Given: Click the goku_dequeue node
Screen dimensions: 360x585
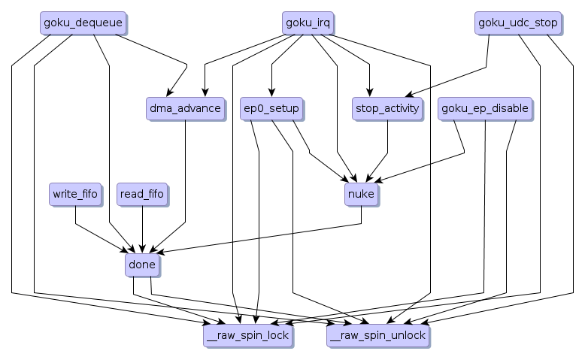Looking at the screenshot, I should (83, 23).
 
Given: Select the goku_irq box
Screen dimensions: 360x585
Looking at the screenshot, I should (308, 23).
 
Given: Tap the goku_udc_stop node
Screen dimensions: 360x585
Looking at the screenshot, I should (518, 23).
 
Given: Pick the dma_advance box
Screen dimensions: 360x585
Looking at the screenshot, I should (185, 109).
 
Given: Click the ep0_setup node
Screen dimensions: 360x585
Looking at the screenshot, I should (271, 109).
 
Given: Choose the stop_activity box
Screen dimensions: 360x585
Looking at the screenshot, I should (386, 109).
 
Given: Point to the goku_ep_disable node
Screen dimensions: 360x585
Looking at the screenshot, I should (486, 109).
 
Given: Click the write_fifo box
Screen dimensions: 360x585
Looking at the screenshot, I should (75, 195).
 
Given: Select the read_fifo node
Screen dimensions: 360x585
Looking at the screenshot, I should (141, 195).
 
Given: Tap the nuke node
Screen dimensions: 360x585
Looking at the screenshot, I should (361, 195).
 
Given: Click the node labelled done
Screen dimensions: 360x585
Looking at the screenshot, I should (141, 265).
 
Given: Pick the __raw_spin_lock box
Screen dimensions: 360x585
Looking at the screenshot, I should (248, 335).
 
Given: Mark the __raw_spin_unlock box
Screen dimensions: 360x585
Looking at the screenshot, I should (377, 335).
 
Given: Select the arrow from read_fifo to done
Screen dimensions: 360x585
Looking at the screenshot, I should (142, 229).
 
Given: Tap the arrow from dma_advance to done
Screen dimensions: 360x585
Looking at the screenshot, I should (185, 180).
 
